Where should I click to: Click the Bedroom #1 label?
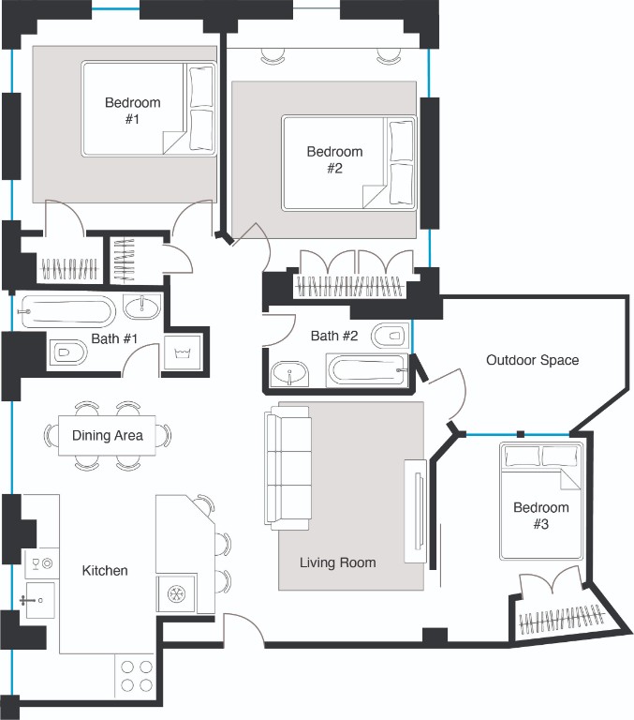point(132,111)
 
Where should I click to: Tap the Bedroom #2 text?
point(334,159)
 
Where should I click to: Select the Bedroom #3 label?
point(540,516)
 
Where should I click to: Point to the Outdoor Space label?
point(532,360)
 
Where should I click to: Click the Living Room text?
point(337,562)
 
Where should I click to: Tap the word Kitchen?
point(105,570)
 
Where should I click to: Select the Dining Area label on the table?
point(108,435)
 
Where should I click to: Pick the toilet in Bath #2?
point(388,334)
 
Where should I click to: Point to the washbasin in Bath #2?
point(290,376)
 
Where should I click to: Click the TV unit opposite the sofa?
point(414,511)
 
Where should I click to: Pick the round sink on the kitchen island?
point(175,593)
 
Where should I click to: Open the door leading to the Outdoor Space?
point(448,394)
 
